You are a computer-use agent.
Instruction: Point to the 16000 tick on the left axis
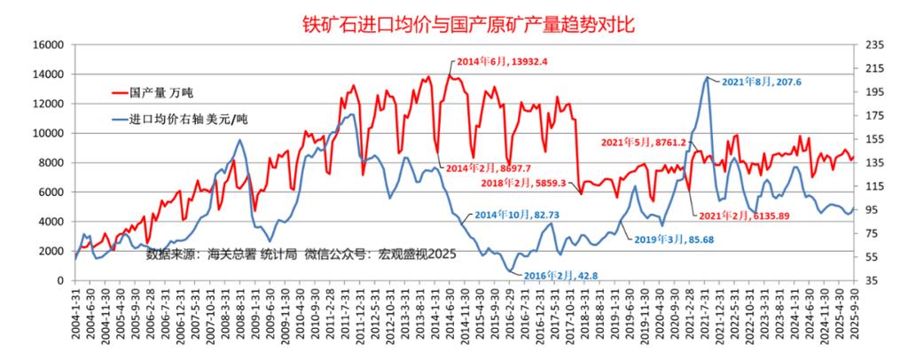[x=49, y=45]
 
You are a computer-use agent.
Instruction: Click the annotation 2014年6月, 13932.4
[x=503, y=61]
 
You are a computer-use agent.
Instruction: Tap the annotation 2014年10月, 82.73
[x=517, y=215]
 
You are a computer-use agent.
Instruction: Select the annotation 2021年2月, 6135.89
[x=742, y=215]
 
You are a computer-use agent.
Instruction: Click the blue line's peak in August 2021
[x=707, y=78]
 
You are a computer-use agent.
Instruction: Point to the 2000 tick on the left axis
[x=52, y=251]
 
